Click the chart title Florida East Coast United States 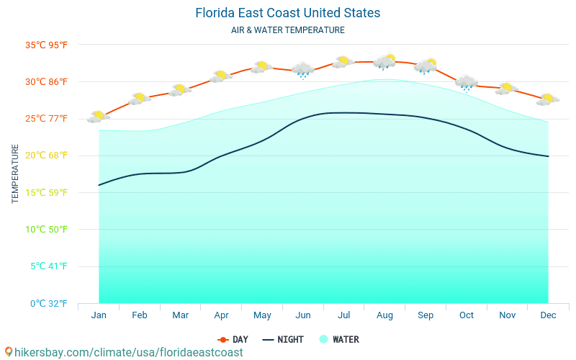tap(287, 13)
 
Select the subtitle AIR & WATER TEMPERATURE tap(287, 30)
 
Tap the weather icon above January tap(99, 116)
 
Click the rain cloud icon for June tap(303, 70)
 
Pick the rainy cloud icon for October tap(467, 83)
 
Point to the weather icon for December tap(548, 99)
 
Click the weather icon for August tap(385, 61)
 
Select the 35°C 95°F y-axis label tap(46, 45)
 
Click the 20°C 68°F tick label tap(46, 156)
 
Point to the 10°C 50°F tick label tap(46, 230)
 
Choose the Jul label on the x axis tap(344, 315)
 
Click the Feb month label tap(140, 315)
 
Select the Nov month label tap(508, 315)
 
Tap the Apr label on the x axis tap(222, 315)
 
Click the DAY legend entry tap(233, 339)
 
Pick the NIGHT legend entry tap(283, 339)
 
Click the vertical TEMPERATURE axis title tap(15, 174)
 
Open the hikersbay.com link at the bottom tap(124, 352)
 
